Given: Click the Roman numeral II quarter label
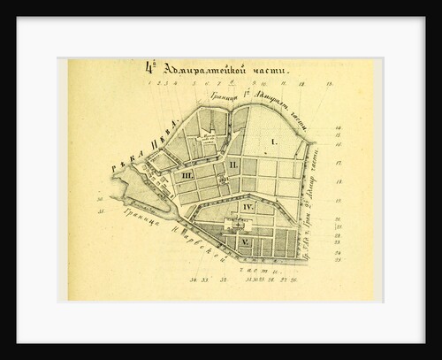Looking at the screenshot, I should point(233,165).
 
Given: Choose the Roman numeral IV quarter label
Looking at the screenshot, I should point(248,207).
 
